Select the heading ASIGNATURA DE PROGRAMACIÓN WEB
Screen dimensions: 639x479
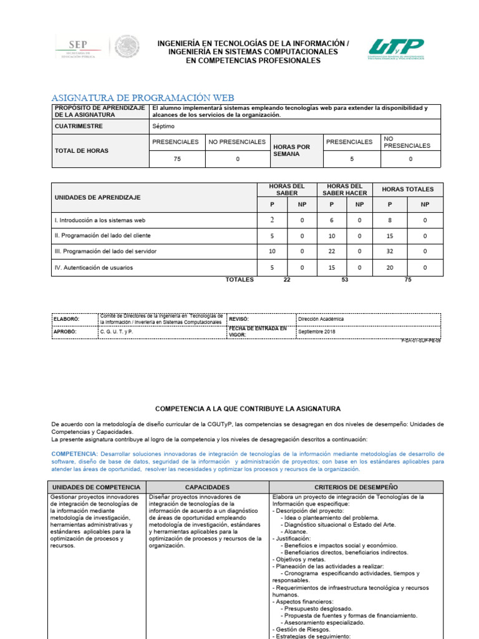click(x=142, y=98)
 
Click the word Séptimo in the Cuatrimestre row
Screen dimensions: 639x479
click(x=163, y=126)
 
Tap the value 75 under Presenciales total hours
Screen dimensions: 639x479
click(x=177, y=159)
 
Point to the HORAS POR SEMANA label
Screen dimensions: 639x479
click(x=291, y=150)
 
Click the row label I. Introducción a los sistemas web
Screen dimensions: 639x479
click(x=100, y=220)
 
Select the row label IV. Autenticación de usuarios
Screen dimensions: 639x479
click(x=94, y=268)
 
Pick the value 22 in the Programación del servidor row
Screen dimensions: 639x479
click(x=332, y=251)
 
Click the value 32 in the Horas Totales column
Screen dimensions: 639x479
click(x=390, y=251)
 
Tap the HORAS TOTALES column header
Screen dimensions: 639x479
click(x=407, y=189)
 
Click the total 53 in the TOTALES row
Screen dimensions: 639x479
click(x=345, y=280)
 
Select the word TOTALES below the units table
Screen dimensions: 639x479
click(x=239, y=280)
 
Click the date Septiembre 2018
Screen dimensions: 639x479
click(x=317, y=331)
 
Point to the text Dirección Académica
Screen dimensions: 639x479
click(x=321, y=319)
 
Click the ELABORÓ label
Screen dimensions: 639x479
click(x=65, y=319)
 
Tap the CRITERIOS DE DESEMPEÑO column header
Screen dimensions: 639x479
click(x=356, y=487)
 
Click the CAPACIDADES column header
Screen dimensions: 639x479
click(x=208, y=487)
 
